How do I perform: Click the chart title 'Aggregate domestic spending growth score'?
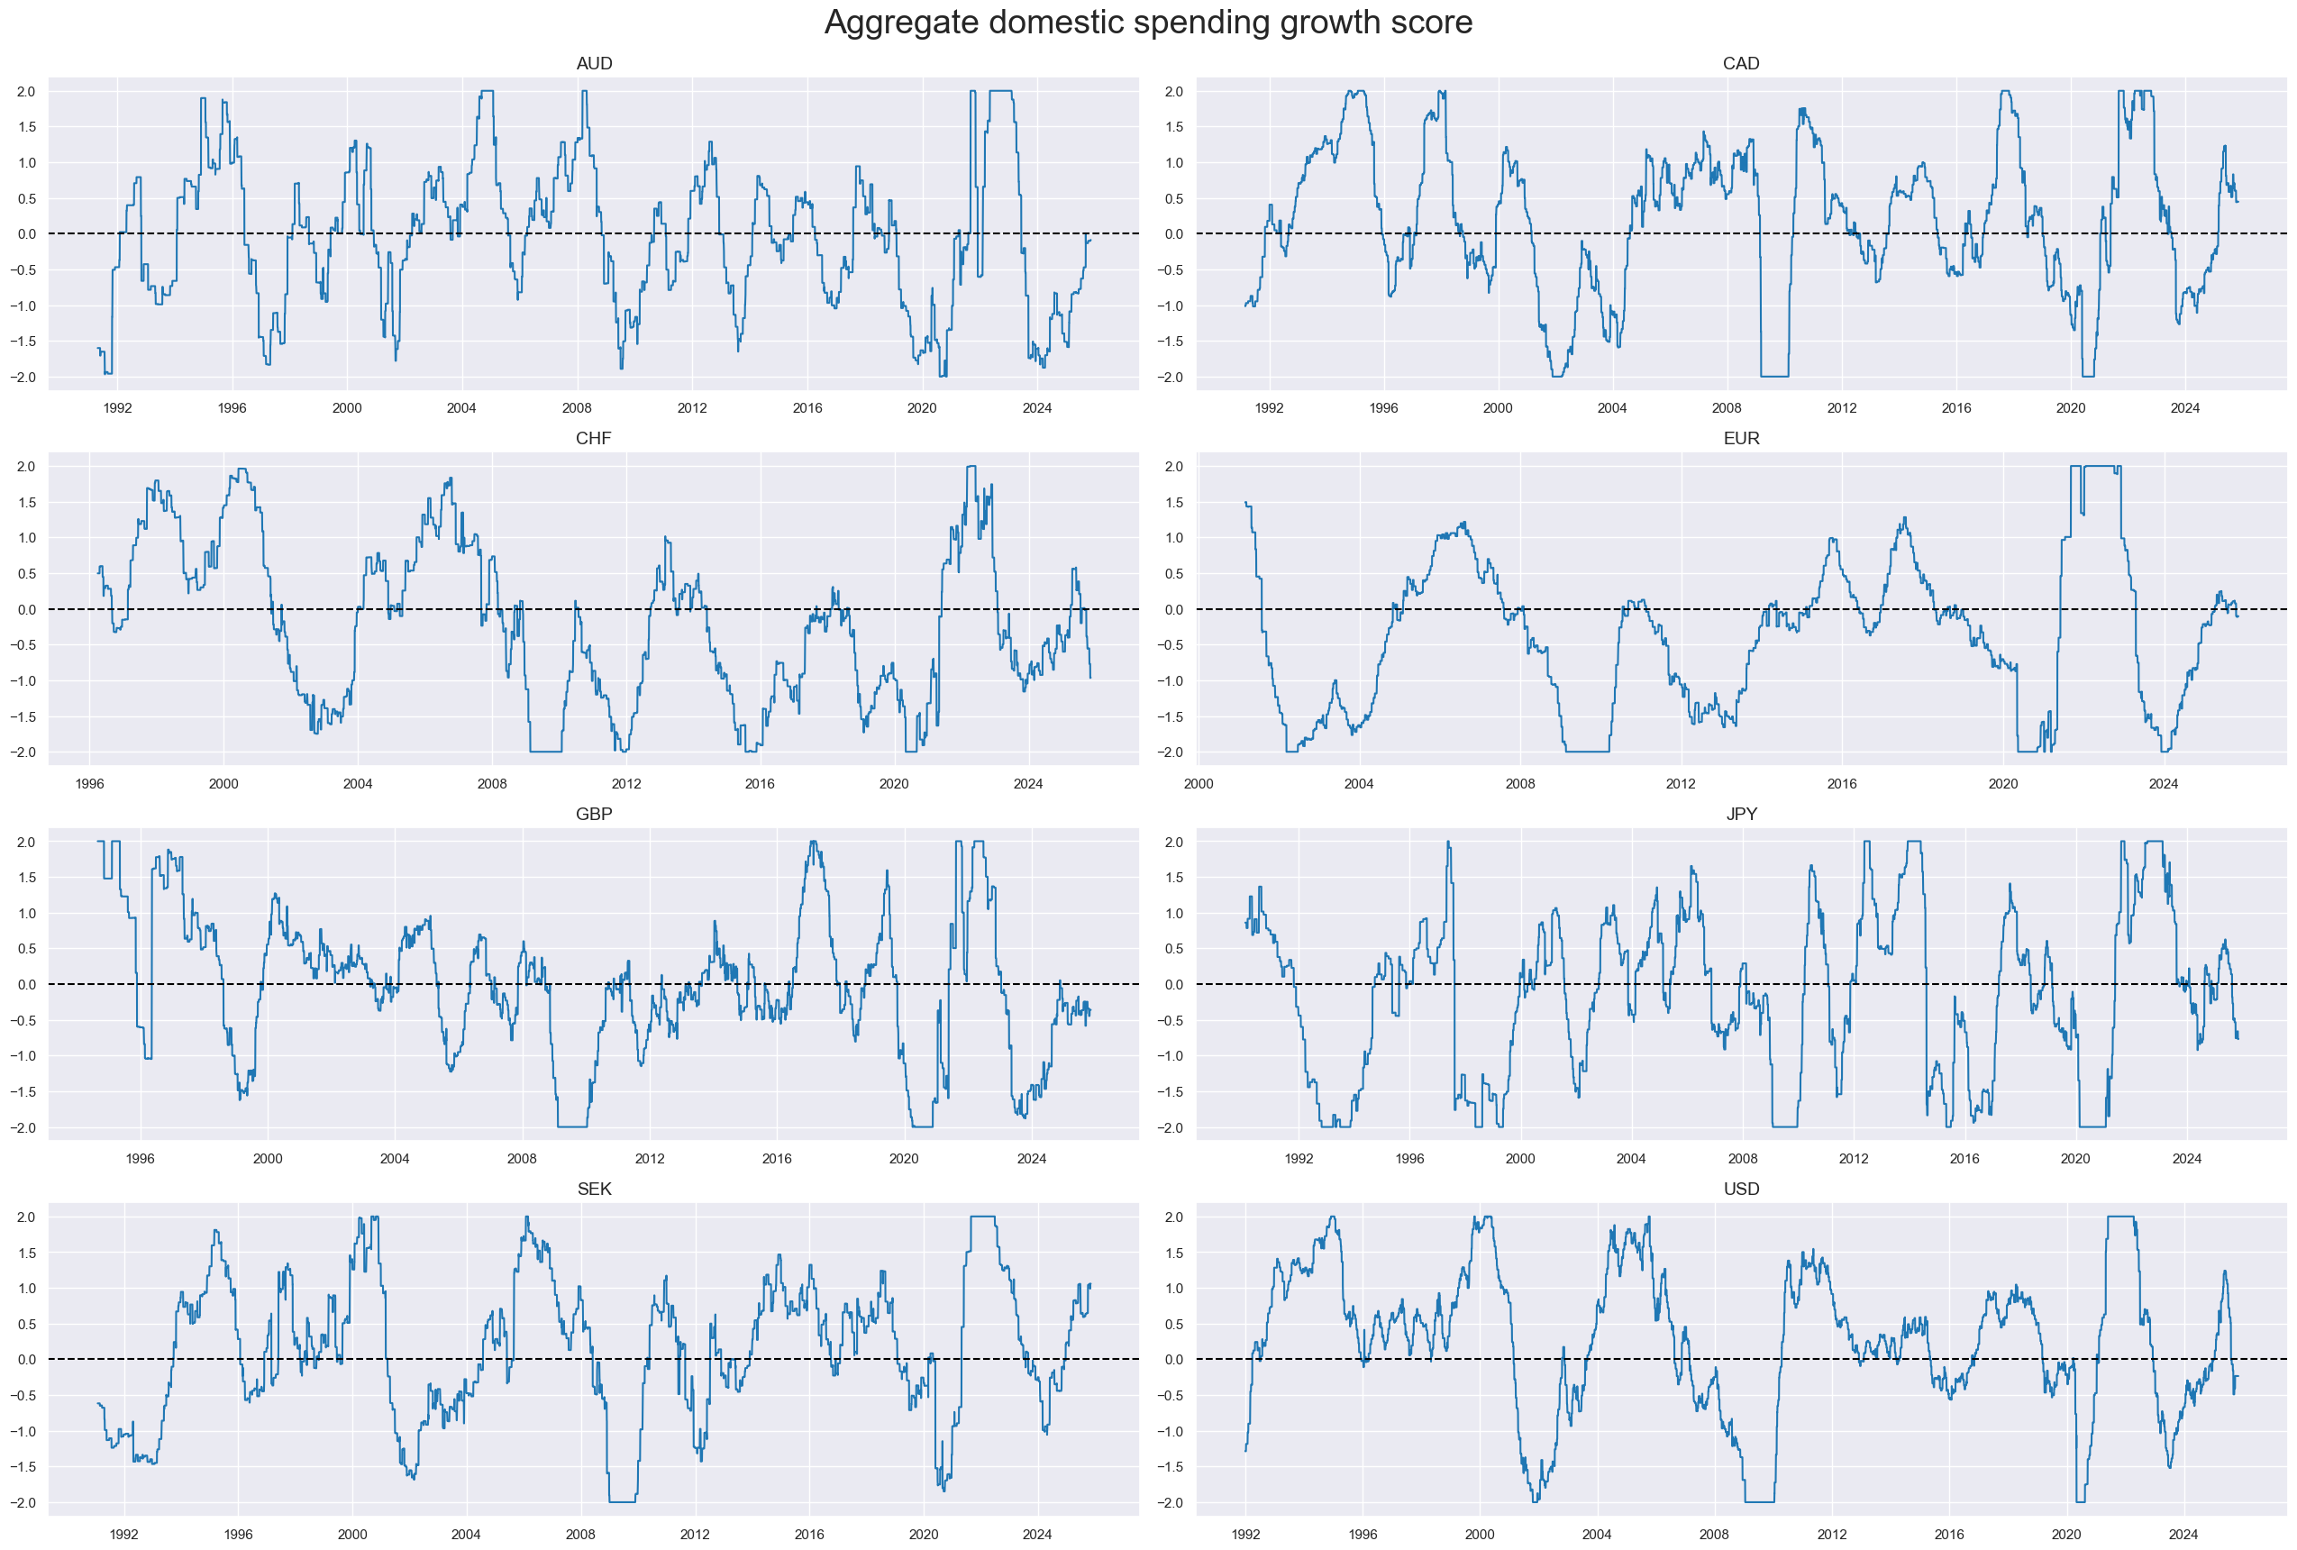click(x=1147, y=23)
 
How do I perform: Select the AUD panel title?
click(x=594, y=64)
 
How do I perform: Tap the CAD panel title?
click(x=1740, y=64)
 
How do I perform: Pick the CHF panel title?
click(x=594, y=439)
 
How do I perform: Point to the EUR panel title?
click(x=1740, y=439)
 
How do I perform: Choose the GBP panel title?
click(x=594, y=815)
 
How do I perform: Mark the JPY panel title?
click(x=1740, y=815)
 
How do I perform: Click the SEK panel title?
click(x=594, y=1190)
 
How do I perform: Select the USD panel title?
click(x=1740, y=1190)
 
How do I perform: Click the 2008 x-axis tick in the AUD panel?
click(x=578, y=408)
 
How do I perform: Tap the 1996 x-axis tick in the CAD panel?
click(x=1384, y=408)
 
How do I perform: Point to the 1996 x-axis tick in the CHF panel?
click(x=90, y=784)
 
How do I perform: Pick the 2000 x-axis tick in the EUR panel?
click(x=1198, y=784)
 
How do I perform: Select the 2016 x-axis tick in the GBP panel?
click(x=777, y=1159)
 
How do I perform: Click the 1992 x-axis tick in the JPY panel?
click(x=1299, y=1159)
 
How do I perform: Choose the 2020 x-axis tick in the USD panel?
click(x=2065, y=1534)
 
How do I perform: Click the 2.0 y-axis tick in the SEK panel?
click(x=24, y=1217)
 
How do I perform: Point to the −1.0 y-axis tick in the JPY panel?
click(x=1171, y=1057)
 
